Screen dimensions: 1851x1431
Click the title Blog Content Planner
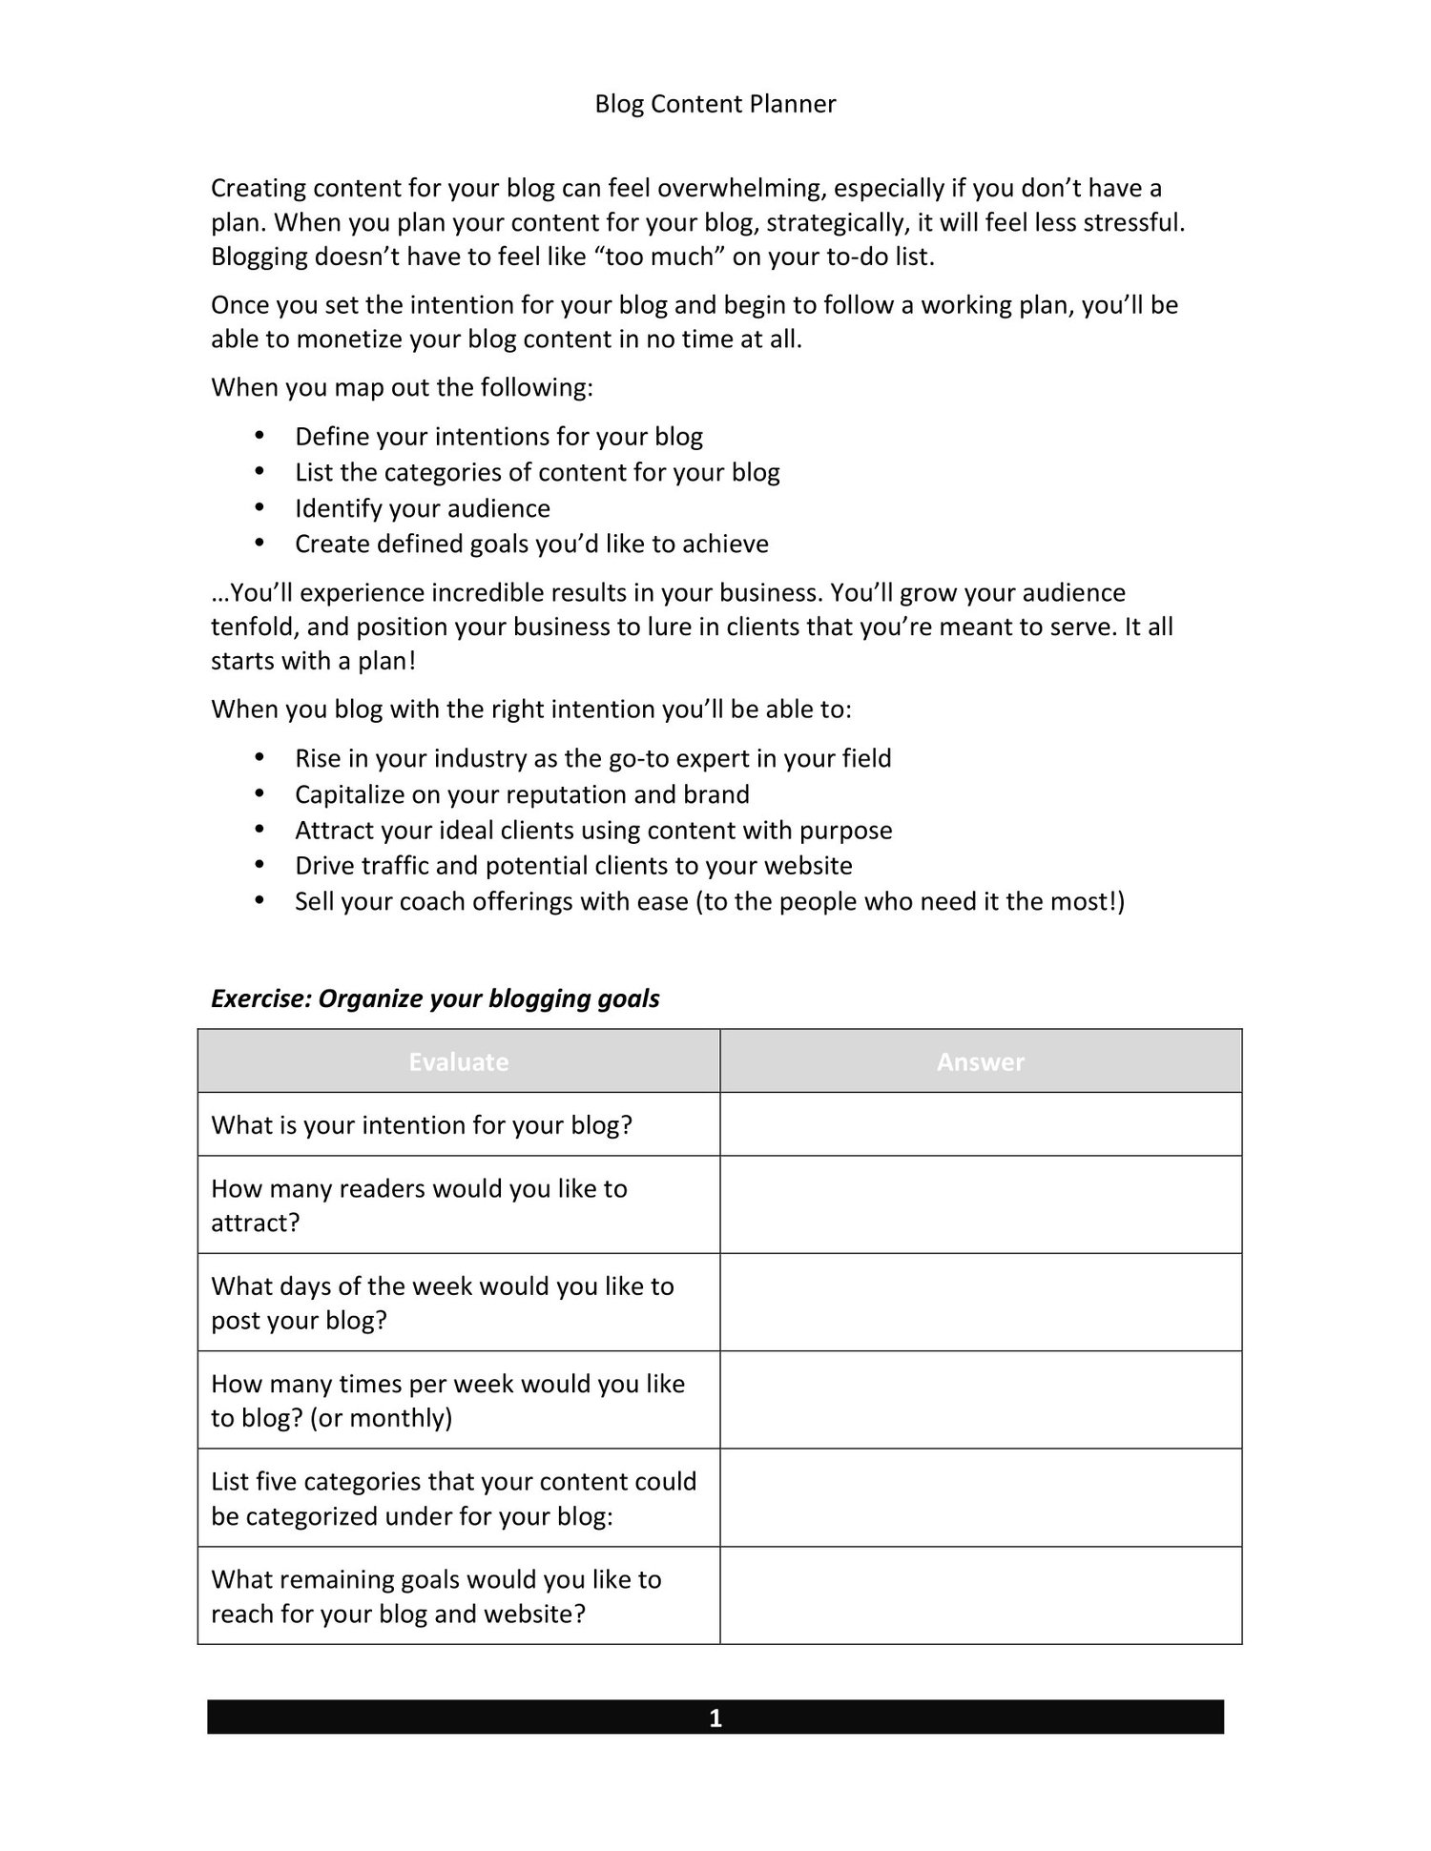(715, 104)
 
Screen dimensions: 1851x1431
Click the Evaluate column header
(458, 1061)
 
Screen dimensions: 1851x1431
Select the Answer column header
(980, 1061)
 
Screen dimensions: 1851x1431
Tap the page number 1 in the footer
(715, 1718)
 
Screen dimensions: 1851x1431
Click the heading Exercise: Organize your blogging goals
(435, 998)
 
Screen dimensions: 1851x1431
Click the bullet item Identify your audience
(422, 508)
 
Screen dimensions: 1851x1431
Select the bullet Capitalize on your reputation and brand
(522, 794)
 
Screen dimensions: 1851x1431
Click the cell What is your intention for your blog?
(422, 1125)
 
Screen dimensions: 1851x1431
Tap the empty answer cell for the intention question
(980, 1125)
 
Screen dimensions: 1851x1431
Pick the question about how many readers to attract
(420, 1205)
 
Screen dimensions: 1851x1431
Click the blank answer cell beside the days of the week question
(980, 1303)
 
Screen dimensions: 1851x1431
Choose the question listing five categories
(453, 1498)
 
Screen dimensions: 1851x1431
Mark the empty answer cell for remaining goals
(980, 1596)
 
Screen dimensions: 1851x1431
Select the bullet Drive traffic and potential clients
(573, 866)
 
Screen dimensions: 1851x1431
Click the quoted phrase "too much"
(666, 257)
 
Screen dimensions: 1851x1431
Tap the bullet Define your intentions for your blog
(498, 437)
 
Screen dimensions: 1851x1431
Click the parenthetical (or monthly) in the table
(381, 1418)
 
